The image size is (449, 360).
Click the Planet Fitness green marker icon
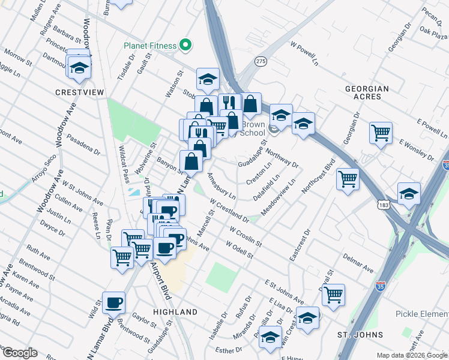tap(186, 45)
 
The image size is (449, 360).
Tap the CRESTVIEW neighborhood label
tap(79, 92)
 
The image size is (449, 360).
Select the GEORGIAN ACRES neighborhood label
tap(367, 92)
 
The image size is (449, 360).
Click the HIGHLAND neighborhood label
tap(175, 312)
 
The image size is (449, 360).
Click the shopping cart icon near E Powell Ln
tap(381, 132)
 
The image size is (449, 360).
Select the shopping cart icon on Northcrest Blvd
tap(348, 178)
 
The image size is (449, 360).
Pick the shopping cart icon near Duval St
tap(333, 294)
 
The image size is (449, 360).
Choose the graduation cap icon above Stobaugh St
tap(208, 79)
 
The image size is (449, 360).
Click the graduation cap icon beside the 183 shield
tap(409, 193)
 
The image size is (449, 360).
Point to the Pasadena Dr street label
tap(83, 141)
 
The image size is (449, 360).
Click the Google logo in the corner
tap(20, 353)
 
